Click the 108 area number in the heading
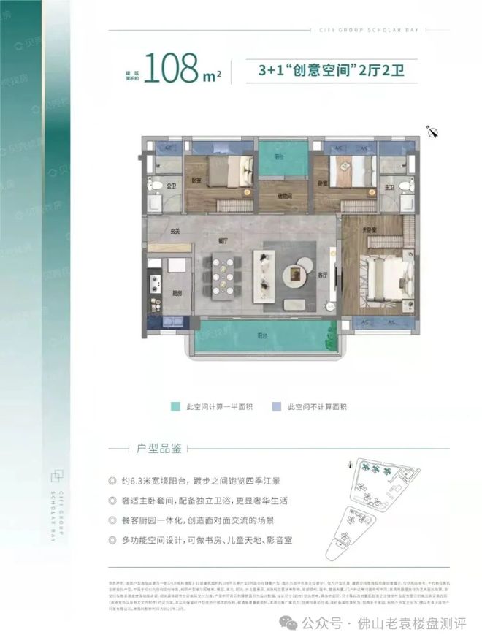pyautogui.click(x=172, y=69)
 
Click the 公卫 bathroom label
pyautogui.click(x=173, y=186)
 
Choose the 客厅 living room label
pyautogui.click(x=322, y=275)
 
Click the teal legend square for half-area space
pyautogui.click(x=175, y=406)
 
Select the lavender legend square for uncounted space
pyautogui.click(x=276, y=406)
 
